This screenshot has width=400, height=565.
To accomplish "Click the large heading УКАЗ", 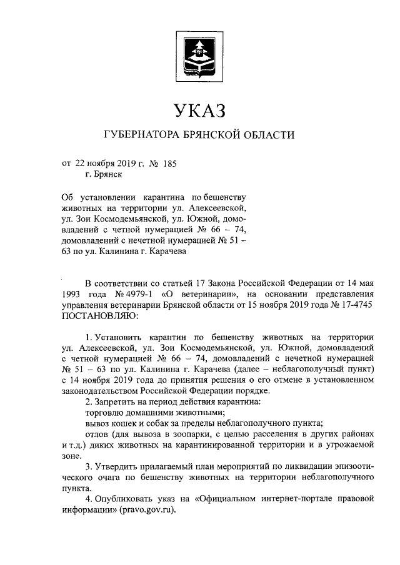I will tap(199, 112).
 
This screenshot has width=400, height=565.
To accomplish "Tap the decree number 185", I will tap(169, 165).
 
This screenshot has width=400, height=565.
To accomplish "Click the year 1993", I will tap(72, 293).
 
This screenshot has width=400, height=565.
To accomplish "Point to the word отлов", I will tap(96, 434).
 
